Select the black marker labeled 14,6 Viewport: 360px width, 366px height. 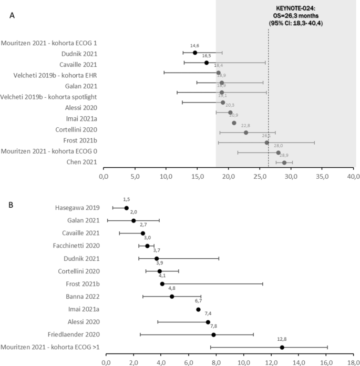[x=194, y=53]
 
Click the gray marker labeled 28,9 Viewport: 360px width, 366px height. [x=284, y=162]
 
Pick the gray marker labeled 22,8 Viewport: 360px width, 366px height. [x=246, y=133]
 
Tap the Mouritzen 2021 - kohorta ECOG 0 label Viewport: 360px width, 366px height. [x=49, y=151]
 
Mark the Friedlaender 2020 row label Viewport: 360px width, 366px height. [x=71, y=334]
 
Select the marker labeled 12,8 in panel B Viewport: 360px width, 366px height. [x=282, y=347]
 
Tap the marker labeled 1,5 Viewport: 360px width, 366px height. [x=126, y=208]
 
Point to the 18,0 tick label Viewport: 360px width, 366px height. [x=354, y=362]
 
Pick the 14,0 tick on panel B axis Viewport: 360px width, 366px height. [x=299, y=362]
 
